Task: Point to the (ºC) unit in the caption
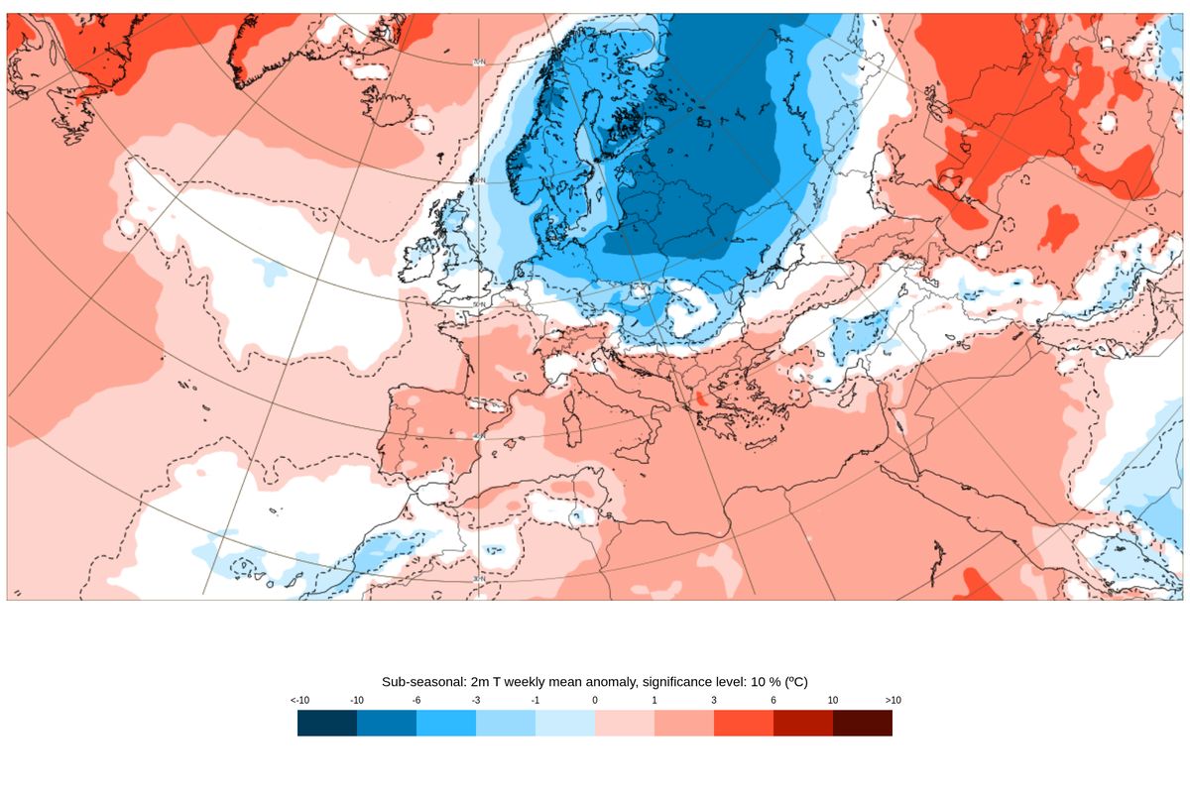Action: click(x=794, y=682)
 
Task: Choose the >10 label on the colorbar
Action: click(x=892, y=701)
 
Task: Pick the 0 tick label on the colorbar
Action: click(x=595, y=701)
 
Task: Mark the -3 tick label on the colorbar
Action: click(x=476, y=701)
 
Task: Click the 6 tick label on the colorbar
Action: click(x=773, y=701)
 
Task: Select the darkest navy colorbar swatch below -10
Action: click(x=327, y=724)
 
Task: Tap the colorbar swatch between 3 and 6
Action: click(x=744, y=724)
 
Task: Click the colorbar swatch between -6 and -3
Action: click(x=446, y=724)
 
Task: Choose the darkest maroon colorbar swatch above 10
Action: click(x=863, y=724)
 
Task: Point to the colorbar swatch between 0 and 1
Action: click(x=625, y=724)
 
